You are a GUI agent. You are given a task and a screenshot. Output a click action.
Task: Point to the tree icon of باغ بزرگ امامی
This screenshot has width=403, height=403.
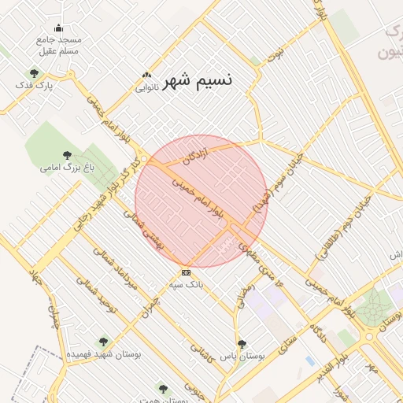66,156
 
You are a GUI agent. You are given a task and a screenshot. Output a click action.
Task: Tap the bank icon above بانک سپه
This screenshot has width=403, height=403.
186,272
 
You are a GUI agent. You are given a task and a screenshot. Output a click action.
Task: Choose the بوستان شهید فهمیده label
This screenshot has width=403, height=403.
103,354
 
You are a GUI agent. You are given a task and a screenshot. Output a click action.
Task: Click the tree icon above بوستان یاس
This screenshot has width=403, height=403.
242,344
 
